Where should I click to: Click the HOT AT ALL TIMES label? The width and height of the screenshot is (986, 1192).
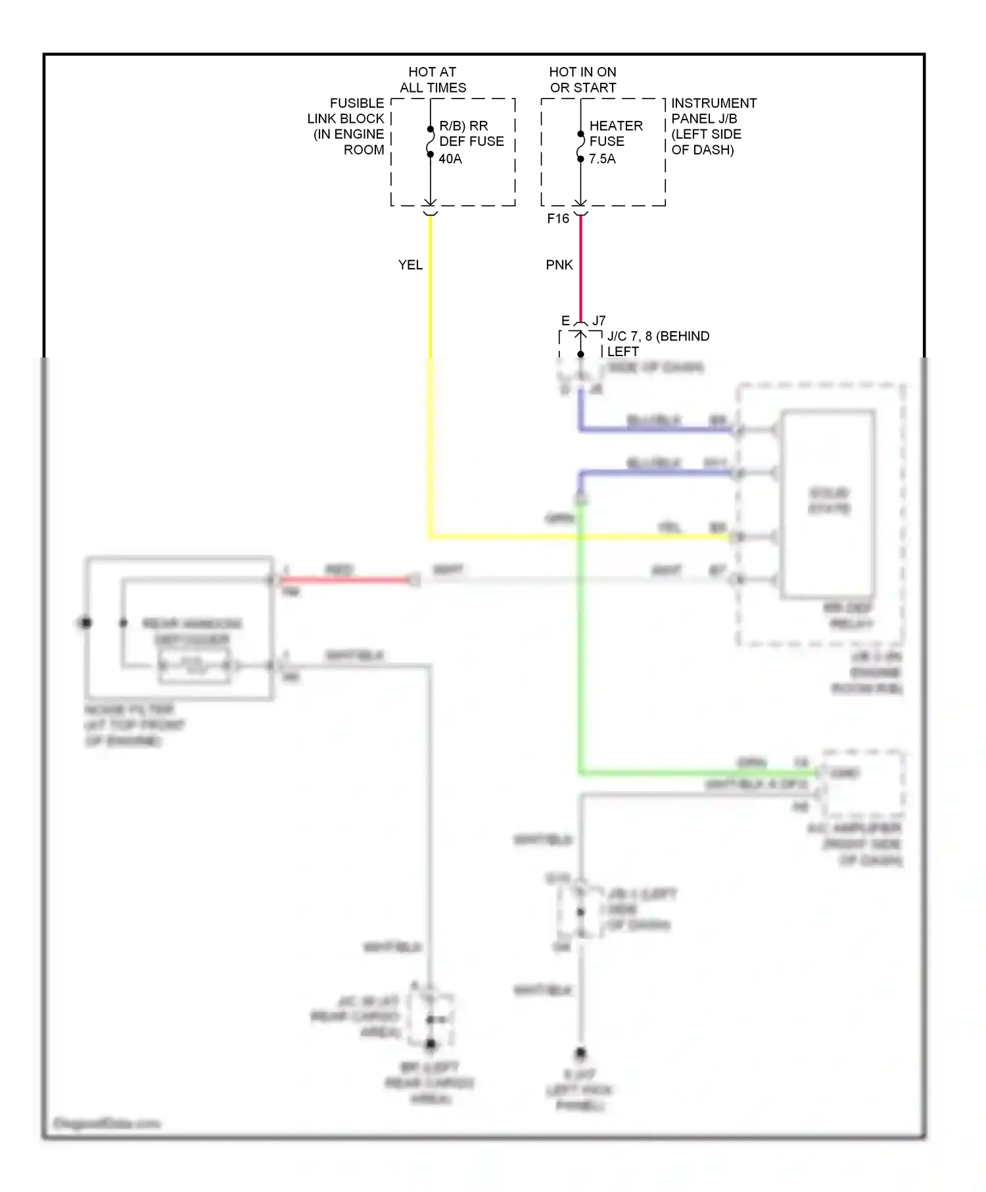tap(433, 80)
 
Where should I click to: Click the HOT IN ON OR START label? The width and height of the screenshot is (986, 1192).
tap(583, 80)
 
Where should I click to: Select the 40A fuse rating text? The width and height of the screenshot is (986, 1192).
tap(450, 159)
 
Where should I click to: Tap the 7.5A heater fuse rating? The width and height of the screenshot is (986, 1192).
tap(602, 159)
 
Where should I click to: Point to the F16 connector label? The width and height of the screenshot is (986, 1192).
tap(558, 219)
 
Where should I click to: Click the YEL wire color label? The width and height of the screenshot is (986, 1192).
tap(410, 265)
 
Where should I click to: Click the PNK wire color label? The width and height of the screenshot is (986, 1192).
tap(559, 265)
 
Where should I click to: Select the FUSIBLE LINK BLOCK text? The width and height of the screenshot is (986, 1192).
tap(347, 126)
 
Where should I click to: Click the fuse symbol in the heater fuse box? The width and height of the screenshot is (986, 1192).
tap(580, 147)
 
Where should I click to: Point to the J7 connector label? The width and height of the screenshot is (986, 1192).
tap(599, 321)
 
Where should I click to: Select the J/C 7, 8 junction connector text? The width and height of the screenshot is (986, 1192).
tap(657, 336)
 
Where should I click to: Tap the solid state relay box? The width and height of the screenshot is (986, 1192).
tap(828, 503)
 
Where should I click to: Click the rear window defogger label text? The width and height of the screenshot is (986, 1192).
tap(192, 631)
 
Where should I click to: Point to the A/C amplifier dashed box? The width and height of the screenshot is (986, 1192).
tap(863, 783)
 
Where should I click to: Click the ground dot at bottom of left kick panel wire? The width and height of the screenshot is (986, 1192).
tap(580, 1053)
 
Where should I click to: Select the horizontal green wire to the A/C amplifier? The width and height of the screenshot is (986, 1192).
tap(697, 773)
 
